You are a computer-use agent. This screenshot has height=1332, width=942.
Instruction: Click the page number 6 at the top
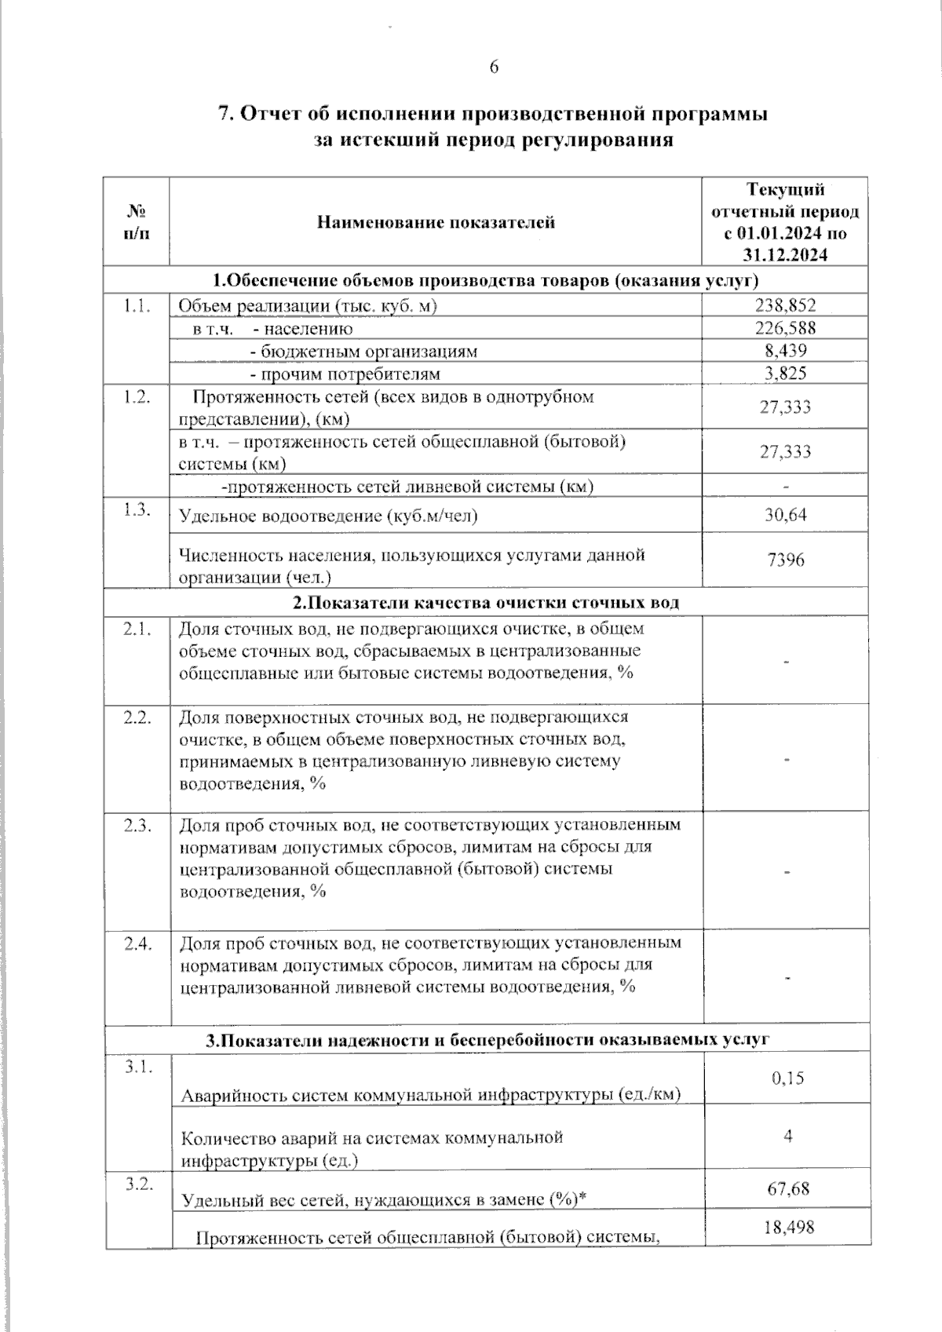coord(494,68)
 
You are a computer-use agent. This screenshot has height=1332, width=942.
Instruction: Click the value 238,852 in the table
coord(786,305)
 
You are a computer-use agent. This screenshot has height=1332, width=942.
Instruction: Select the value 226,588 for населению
coord(786,328)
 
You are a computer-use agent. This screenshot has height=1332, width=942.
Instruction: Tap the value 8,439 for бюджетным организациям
coord(786,351)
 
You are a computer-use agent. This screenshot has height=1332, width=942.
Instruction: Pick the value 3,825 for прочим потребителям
coord(786,374)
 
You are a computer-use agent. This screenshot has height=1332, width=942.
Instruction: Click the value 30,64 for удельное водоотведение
coord(786,515)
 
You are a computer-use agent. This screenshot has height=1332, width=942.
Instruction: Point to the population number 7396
coord(786,560)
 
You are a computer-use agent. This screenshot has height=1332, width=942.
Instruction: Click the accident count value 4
coord(787,1135)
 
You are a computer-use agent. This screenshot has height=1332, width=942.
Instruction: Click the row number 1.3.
coord(137,509)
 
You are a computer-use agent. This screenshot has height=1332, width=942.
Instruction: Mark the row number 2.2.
coord(137,717)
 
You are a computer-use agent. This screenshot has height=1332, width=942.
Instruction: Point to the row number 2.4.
coord(137,943)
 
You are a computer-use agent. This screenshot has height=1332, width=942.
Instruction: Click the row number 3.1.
coord(137,1065)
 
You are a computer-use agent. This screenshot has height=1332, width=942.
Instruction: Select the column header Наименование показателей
coord(436,222)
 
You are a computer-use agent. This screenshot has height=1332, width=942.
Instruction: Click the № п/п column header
coord(137,222)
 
